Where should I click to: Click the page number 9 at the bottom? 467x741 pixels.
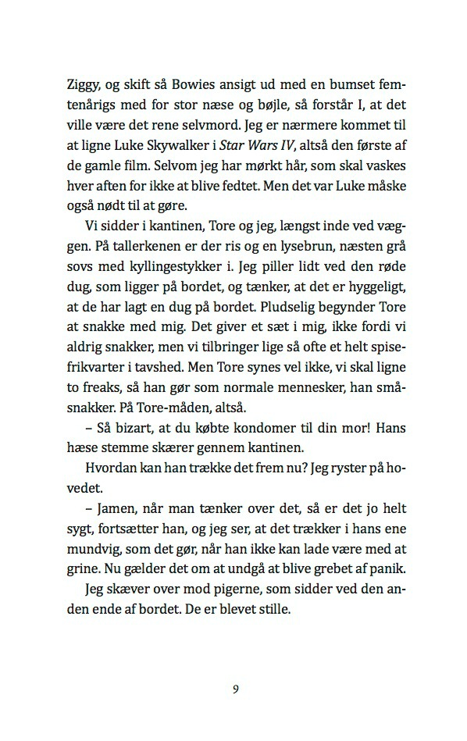tap(235, 689)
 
